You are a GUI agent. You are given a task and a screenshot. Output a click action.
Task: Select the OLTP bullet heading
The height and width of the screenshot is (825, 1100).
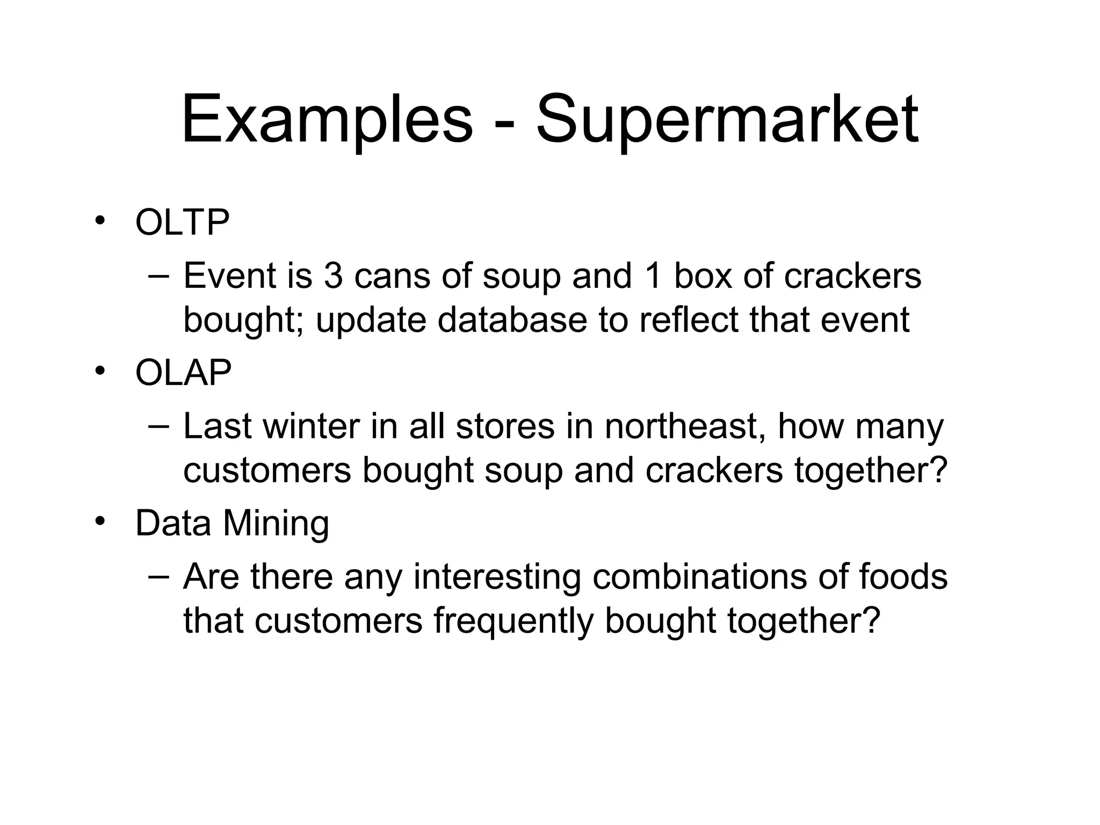coord(182,222)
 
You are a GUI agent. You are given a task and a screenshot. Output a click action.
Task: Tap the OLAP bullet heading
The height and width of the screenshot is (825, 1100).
coord(183,373)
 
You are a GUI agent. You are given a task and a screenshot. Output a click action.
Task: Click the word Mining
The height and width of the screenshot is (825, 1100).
coord(276,523)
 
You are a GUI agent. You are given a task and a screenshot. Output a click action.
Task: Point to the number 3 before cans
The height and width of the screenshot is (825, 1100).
coord(333,276)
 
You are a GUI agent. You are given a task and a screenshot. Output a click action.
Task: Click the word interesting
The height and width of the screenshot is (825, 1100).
coord(497,577)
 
